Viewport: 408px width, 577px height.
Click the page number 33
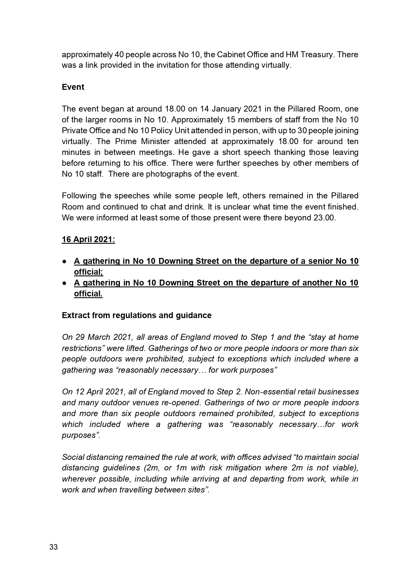click(54, 547)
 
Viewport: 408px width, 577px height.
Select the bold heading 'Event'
click(73, 87)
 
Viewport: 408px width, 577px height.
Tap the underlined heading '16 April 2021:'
click(88, 239)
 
